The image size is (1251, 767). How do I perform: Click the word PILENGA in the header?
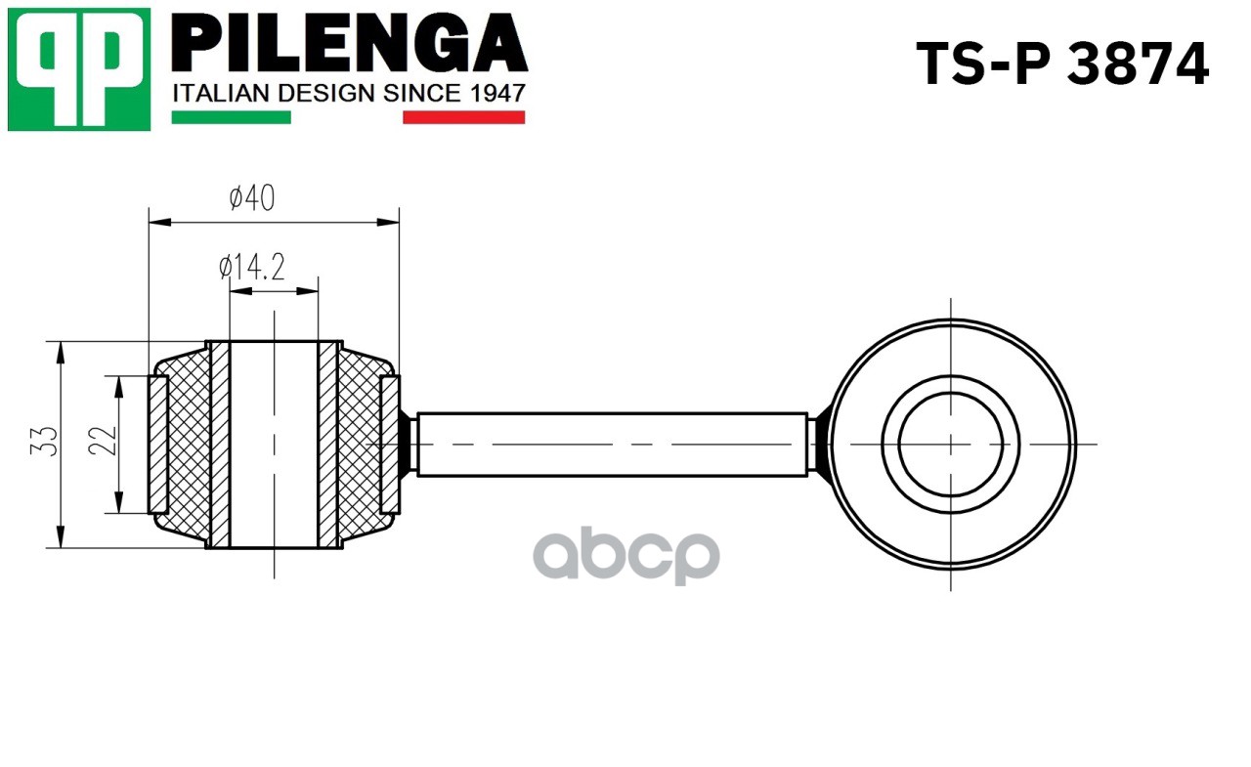(350, 46)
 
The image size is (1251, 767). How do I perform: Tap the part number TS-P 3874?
(1062, 64)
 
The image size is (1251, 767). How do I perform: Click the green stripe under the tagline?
(231, 117)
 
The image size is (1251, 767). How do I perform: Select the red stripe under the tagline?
(463, 117)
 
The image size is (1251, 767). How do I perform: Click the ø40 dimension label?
(252, 198)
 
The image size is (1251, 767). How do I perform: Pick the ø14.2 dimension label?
(252, 267)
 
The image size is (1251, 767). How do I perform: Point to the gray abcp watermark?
(625, 557)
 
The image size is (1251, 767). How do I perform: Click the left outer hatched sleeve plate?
(157, 445)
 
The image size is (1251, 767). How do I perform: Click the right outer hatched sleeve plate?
(389, 445)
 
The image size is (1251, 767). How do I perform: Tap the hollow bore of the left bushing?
(274, 445)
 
